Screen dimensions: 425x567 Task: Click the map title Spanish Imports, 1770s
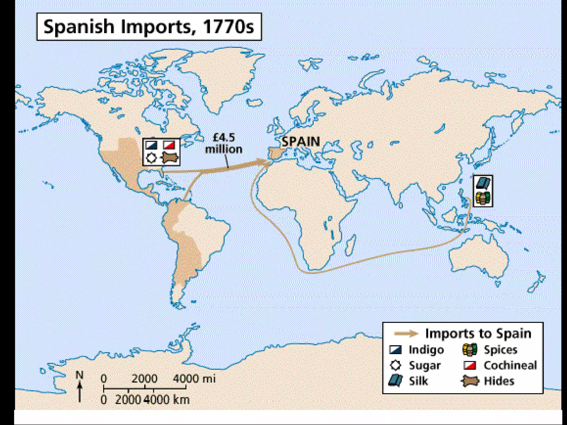pyautogui.click(x=149, y=27)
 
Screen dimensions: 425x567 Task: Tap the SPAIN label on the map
pyautogui.click(x=301, y=142)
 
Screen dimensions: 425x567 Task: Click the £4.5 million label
pyautogui.click(x=224, y=143)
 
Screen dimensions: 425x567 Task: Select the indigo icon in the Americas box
pyautogui.click(x=151, y=145)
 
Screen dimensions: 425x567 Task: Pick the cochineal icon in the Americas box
pyautogui.click(x=169, y=145)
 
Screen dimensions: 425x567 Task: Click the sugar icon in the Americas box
pyautogui.click(x=151, y=158)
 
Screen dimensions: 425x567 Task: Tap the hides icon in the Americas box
pyautogui.click(x=169, y=158)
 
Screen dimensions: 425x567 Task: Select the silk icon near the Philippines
pyautogui.click(x=483, y=183)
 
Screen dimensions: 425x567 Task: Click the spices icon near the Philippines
pyautogui.click(x=483, y=198)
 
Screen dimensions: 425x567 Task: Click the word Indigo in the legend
pyautogui.click(x=426, y=350)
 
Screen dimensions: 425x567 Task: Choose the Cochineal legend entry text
pyautogui.click(x=510, y=365)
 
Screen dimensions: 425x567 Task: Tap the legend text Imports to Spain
pyautogui.click(x=478, y=333)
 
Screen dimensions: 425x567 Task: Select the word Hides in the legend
pyautogui.click(x=499, y=381)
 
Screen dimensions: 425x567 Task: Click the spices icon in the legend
pyautogui.click(x=470, y=350)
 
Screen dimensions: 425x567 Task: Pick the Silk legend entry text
pyautogui.click(x=418, y=381)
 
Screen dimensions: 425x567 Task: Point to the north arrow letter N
pyautogui.click(x=79, y=375)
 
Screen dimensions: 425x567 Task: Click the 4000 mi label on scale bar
pyautogui.click(x=194, y=378)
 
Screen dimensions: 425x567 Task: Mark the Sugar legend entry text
pyautogui.click(x=425, y=366)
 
